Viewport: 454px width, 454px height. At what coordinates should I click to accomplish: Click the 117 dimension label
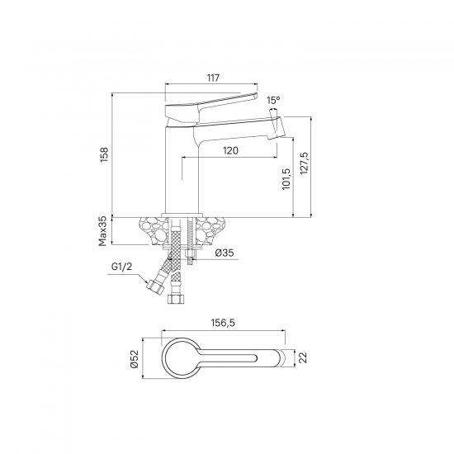coord(214,78)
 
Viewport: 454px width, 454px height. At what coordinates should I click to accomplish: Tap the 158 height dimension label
coord(104,154)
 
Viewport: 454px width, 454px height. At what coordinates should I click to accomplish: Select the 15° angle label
coord(273,101)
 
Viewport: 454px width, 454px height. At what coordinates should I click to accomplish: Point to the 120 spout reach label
coord(231,150)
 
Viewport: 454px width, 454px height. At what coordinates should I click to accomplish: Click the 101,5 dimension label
coord(286,179)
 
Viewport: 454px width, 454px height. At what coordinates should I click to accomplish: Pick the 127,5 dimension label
coord(305,163)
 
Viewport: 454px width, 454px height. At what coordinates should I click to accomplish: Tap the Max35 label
coord(103,231)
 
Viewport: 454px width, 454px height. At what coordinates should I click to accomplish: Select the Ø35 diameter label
coord(225,253)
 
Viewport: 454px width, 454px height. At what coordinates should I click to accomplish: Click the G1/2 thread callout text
coord(121,267)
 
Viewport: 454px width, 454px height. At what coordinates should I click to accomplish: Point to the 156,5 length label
coord(223,323)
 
